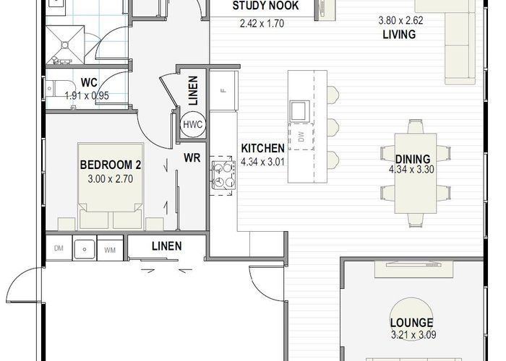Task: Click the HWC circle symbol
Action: coord(193,124)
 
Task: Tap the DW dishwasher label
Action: coord(301,136)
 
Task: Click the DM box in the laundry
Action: coord(59,248)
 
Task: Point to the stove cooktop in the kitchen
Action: coord(223,175)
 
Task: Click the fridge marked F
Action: coord(224,90)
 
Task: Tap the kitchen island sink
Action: coord(300,111)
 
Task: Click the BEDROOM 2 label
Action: coord(111,165)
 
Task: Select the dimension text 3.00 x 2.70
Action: coord(111,179)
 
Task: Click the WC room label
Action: coord(89,82)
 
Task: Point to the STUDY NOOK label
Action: coord(265,6)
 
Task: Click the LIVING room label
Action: coord(399,34)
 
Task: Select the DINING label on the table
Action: coord(413,159)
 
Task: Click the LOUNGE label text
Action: coord(412,322)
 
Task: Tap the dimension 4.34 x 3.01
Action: coord(262,162)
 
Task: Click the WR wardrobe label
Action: coord(192,157)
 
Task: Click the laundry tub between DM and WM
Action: coord(85,249)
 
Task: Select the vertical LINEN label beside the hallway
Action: coord(193,90)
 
